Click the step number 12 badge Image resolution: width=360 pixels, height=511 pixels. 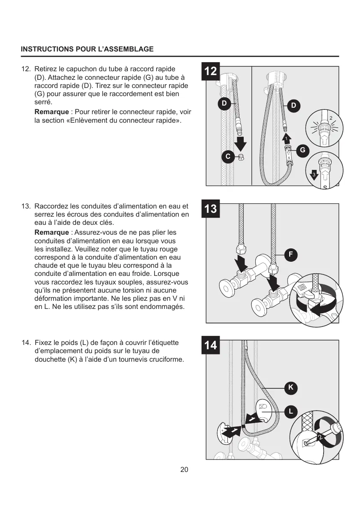[211, 71]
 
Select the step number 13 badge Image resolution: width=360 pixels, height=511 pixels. [211, 209]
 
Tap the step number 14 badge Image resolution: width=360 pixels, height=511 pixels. [211, 346]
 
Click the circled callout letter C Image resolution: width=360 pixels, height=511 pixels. [228, 157]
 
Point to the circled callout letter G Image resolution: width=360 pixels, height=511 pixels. [303, 150]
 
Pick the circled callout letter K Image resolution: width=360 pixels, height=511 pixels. [290, 387]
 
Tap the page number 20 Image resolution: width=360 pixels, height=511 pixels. [184, 470]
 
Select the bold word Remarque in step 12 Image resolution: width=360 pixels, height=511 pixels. [51, 112]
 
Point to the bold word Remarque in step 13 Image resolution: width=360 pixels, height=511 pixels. [51, 232]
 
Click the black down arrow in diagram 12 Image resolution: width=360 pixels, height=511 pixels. [241, 144]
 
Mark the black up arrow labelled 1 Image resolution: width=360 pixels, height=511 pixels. [286, 138]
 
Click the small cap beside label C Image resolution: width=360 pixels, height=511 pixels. [241, 157]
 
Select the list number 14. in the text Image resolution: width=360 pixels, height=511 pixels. [27, 343]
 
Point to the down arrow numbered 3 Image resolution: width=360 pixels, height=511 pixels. [314, 175]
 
